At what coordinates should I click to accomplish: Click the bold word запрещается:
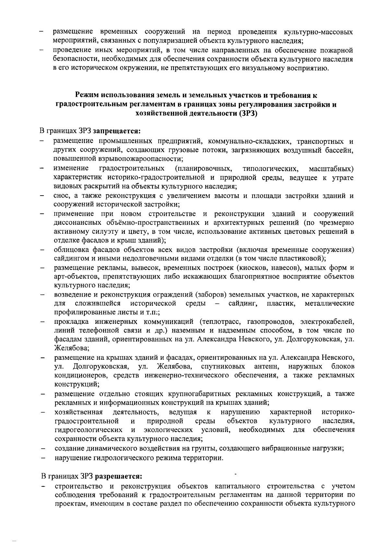point(117,132)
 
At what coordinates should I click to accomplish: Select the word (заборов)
point(211,295)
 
